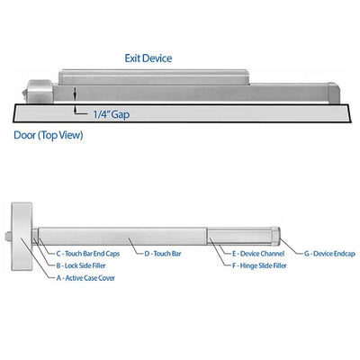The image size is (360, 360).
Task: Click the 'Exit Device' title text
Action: point(148,58)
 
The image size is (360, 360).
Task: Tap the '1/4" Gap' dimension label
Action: point(112,114)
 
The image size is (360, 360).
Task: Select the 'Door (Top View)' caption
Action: point(49,135)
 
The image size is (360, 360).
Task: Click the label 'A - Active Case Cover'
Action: point(85,278)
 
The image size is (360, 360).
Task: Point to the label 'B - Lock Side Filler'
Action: point(81,265)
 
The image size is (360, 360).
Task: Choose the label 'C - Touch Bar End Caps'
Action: point(88,254)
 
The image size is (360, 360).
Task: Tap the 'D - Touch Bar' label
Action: point(163,254)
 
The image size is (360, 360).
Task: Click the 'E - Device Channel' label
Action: point(258,254)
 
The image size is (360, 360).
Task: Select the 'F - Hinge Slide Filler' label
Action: point(259,265)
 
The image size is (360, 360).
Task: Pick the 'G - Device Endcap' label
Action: point(329,254)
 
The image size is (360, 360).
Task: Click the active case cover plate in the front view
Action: point(22,237)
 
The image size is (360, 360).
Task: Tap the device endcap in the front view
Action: point(276,237)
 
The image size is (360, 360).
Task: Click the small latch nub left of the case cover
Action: point(8,237)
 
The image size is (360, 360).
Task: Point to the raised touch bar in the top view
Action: point(154,77)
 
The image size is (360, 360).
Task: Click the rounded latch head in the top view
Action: point(39,92)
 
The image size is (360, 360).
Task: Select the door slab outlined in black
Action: point(182,113)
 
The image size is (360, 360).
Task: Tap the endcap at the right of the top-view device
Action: point(334,93)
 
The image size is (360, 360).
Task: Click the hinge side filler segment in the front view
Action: point(239,237)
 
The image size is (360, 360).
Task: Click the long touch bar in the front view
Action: point(122,237)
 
